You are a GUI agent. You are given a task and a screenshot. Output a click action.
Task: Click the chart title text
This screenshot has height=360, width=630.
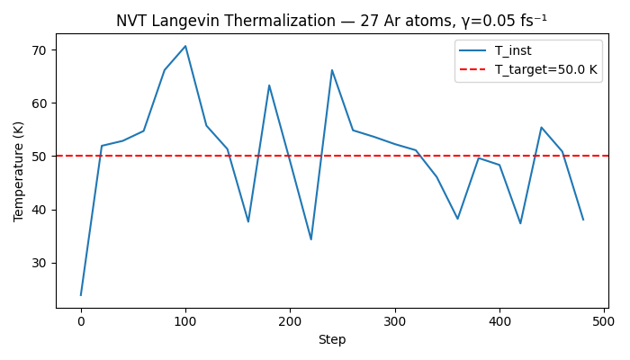point(331,20)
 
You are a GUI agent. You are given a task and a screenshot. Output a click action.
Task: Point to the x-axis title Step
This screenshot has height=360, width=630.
point(331,339)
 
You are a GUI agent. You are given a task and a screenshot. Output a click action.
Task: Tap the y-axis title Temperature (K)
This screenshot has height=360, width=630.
point(19,171)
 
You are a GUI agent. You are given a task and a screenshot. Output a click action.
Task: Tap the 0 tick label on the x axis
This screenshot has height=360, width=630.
point(81,321)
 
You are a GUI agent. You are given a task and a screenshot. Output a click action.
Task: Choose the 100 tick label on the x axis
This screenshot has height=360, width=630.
point(185,321)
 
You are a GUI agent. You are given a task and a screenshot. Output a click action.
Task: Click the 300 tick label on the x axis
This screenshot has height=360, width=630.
point(394,321)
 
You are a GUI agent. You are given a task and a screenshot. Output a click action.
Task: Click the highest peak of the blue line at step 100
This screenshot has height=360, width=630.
point(185,46)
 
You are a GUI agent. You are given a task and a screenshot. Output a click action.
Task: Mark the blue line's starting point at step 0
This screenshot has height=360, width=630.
point(81,295)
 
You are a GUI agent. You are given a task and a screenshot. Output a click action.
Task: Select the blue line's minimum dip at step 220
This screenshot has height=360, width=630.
point(311,239)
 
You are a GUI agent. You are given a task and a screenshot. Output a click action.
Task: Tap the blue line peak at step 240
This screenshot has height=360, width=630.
point(332,70)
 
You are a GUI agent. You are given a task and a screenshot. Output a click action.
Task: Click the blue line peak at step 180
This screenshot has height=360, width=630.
point(269,85)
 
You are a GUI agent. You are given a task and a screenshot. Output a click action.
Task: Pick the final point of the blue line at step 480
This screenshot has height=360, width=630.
point(583,220)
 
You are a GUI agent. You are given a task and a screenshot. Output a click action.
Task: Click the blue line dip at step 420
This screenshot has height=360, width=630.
point(520,223)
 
